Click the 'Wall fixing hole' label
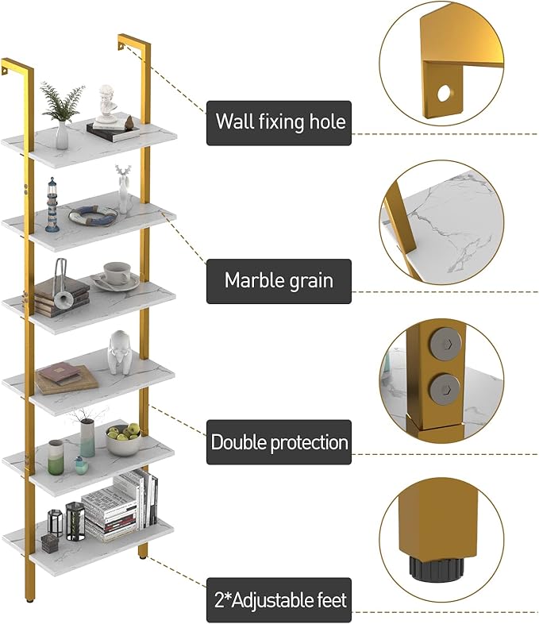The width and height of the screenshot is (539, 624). point(279,122)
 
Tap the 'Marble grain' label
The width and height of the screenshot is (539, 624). point(279,280)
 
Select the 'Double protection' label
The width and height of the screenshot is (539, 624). point(279,442)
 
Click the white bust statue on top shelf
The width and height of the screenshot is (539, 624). point(106,104)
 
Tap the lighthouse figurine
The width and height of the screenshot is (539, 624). point(52,204)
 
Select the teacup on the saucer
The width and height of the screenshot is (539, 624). point(117,273)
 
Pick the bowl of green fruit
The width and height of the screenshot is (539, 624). point(123,439)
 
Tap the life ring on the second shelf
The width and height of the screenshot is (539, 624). point(92,214)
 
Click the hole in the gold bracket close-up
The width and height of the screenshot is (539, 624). point(443,93)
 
